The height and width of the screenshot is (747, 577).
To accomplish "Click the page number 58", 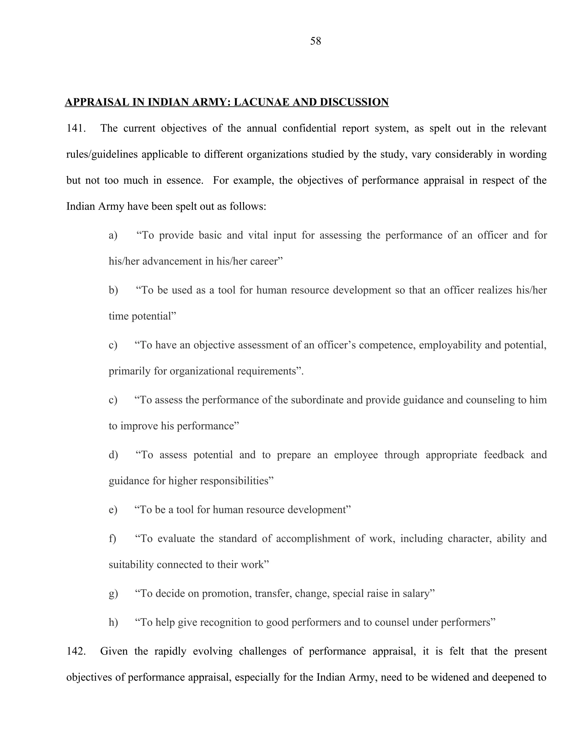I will (315, 41).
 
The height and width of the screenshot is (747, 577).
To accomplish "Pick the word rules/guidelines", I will (102, 154).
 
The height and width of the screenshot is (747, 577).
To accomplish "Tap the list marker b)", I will (113, 290).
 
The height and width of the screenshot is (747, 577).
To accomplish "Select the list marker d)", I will (113, 455).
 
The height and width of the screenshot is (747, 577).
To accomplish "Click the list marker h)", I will (113, 622).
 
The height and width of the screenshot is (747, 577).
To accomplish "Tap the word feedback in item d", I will (504, 455).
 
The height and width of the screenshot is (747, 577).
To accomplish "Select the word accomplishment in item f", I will (313, 538).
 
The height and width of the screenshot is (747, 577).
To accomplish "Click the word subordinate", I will (317, 400).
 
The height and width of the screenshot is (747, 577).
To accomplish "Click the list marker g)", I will (113, 593).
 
